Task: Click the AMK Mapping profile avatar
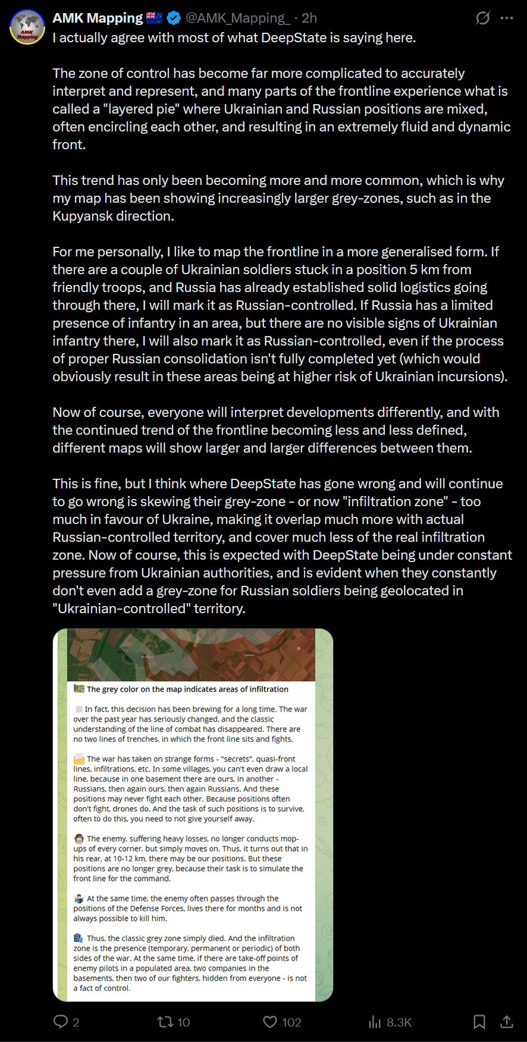click(27, 27)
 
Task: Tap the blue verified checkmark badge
click(174, 18)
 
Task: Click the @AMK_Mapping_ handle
click(237, 18)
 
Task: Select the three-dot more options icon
click(507, 18)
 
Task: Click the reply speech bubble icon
click(61, 1022)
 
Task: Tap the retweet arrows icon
click(164, 1022)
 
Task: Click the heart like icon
click(270, 1022)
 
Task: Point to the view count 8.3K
click(399, 1022)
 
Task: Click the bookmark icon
click(479, 1022)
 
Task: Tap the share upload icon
click(507, 1022)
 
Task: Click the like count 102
click(291, 1022)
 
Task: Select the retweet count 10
click(184, 1022)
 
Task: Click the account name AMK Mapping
click(98, 18)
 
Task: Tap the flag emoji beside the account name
click(154, 18)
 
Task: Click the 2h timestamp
click(309, 18)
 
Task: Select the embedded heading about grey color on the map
click(187, 689)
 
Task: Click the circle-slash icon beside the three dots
click(482, 18)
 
